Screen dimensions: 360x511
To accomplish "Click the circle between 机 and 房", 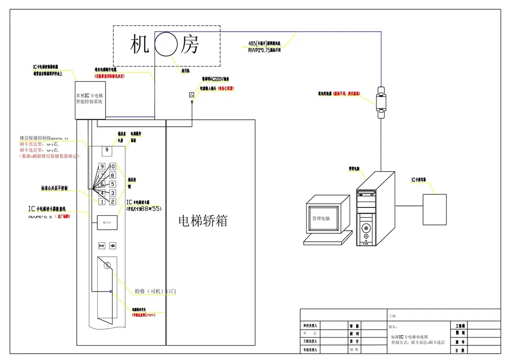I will point(166,45).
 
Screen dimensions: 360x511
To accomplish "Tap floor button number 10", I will point(112,167).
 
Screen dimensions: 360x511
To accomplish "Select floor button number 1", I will point(102,202).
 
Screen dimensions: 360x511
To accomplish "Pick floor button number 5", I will point(112,184).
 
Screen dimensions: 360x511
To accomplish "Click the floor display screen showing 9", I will point(107,150).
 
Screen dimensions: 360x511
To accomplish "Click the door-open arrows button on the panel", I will point(102,246).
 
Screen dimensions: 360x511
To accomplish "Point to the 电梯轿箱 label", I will point(202,221).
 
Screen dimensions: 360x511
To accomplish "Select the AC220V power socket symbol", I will point(192,94).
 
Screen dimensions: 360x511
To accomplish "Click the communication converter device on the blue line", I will point(381,103).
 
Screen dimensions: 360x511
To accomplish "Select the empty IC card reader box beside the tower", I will point(434,209).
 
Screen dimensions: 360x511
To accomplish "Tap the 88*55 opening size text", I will point(150,209).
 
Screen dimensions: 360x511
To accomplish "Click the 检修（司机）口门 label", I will point(155,292).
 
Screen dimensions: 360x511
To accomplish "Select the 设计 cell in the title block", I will point(354,341).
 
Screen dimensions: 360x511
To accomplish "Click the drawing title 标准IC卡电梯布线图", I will point(410,337).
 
